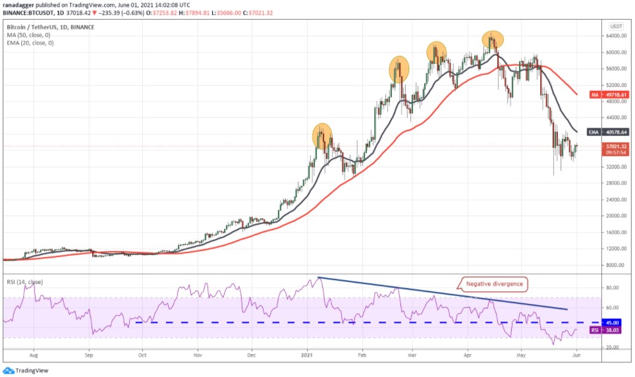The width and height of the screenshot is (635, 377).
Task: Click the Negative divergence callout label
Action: click(x=493, y=284)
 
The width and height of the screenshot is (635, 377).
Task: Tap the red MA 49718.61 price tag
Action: click(x=605, y=95)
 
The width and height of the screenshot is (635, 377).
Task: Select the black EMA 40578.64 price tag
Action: click(x=605, y=132)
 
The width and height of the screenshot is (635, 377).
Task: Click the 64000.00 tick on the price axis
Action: click(x=616, y=36)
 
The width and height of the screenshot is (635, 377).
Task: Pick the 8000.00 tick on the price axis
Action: click(x=615, y=265)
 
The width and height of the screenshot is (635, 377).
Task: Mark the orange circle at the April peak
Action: click(x=492, y=40)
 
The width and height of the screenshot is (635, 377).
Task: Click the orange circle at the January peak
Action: click(x=322, y=136)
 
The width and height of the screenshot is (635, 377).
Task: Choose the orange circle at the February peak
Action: click(x=399, y=69)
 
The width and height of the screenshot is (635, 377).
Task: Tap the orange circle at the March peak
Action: click(x=436, y=52)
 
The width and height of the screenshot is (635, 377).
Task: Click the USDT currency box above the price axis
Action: click(x=616, y=26)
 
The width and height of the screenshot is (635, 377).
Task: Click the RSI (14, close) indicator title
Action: click(x=24, y=282)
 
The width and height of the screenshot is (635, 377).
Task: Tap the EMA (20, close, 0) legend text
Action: click(x=30, y=43)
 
